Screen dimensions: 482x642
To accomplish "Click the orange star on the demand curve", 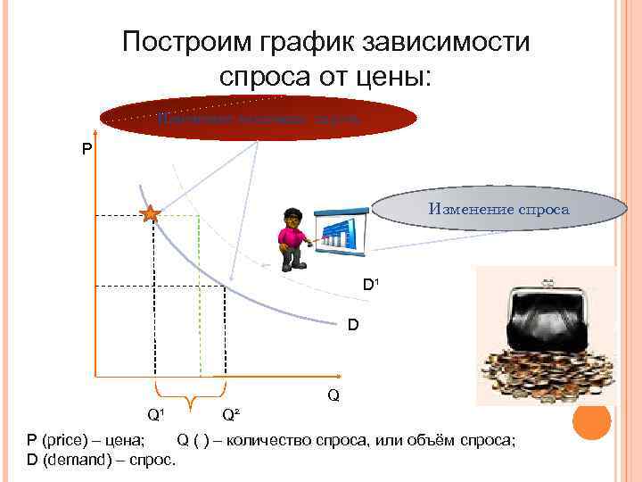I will coord(150,214).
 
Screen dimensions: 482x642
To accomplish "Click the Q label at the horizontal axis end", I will coord(333,394).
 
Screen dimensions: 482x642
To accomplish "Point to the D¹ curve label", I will coord(372,286).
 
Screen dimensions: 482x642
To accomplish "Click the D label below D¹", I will coord(353,325).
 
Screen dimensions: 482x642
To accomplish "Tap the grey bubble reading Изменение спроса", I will coord(498,209).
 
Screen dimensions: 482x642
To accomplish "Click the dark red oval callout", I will coord(259,117).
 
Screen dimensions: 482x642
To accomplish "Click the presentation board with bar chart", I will coord(341,231).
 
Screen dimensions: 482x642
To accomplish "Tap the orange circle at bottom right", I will coord(591,420).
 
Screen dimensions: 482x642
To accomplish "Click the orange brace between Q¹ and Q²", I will coord(190,390).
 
